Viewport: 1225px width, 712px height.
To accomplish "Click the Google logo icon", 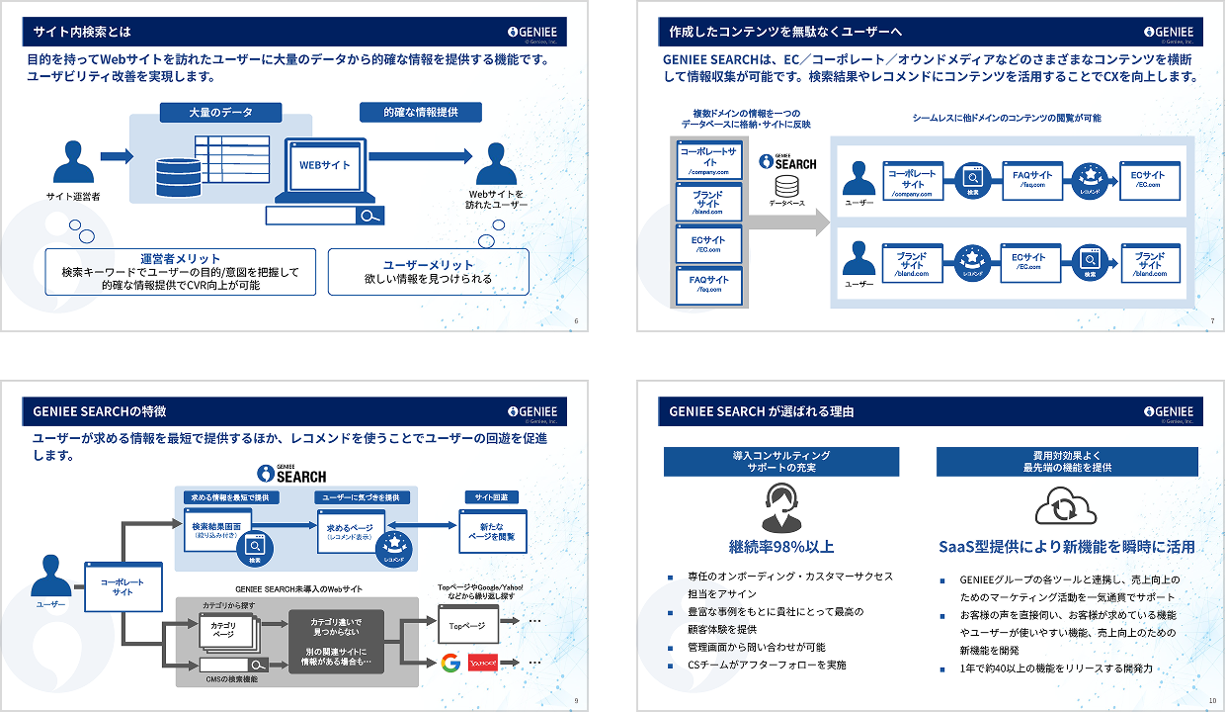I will [x=450, y=663].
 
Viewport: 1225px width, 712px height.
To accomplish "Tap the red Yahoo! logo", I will [x=484, y=663].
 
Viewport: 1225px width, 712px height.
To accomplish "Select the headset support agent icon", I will [x=780, y=508].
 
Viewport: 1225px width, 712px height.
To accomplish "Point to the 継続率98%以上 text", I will [x=780, y=547].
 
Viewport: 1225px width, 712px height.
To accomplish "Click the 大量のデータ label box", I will [x=220, y=113].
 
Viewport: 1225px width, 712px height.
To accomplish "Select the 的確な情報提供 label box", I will [x=421, y=112].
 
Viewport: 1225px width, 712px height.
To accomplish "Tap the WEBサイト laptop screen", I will [x=325, y=165].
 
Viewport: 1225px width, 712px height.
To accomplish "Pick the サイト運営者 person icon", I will [x=72, y=163].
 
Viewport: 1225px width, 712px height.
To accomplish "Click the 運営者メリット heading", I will [x=180, y=259].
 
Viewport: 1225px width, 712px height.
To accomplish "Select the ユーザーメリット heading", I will [x=428, y=265].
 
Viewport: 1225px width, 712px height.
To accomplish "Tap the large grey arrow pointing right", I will [x=789, y=222].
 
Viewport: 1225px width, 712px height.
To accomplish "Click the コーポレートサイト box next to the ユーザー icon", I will [x=122, y=586].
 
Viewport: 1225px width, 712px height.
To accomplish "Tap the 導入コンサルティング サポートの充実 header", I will [x=780, y=461].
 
